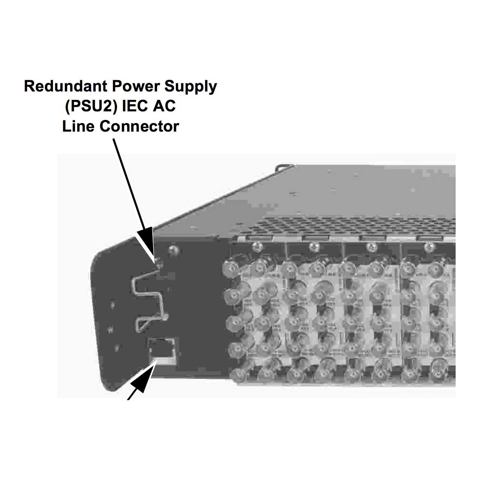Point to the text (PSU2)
point(90,106)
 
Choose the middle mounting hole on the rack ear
point(111,330)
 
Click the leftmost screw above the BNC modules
point(256,246)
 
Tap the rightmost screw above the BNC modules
point(429,246)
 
